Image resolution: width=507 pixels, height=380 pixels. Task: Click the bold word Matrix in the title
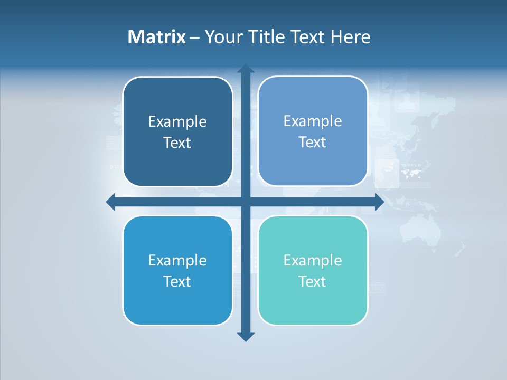[156, 37]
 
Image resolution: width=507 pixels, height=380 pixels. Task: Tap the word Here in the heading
[350, 37]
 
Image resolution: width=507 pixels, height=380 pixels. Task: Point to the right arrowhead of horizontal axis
[379, 202]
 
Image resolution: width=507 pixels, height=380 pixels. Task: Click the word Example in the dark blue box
[177, 122]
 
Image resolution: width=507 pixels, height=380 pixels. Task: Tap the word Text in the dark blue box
[177, 143]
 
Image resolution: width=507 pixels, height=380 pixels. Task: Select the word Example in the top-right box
[312, 121]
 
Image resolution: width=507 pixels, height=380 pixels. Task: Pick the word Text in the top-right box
[312, 142]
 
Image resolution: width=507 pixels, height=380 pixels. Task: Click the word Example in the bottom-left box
[177, 261]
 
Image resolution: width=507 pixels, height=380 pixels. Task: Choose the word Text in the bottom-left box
[177, 282]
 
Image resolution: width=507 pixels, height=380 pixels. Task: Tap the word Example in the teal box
[312, 261]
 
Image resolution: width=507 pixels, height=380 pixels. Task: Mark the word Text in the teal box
[312, 282]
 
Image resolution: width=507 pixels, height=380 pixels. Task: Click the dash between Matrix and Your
[195, 37]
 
